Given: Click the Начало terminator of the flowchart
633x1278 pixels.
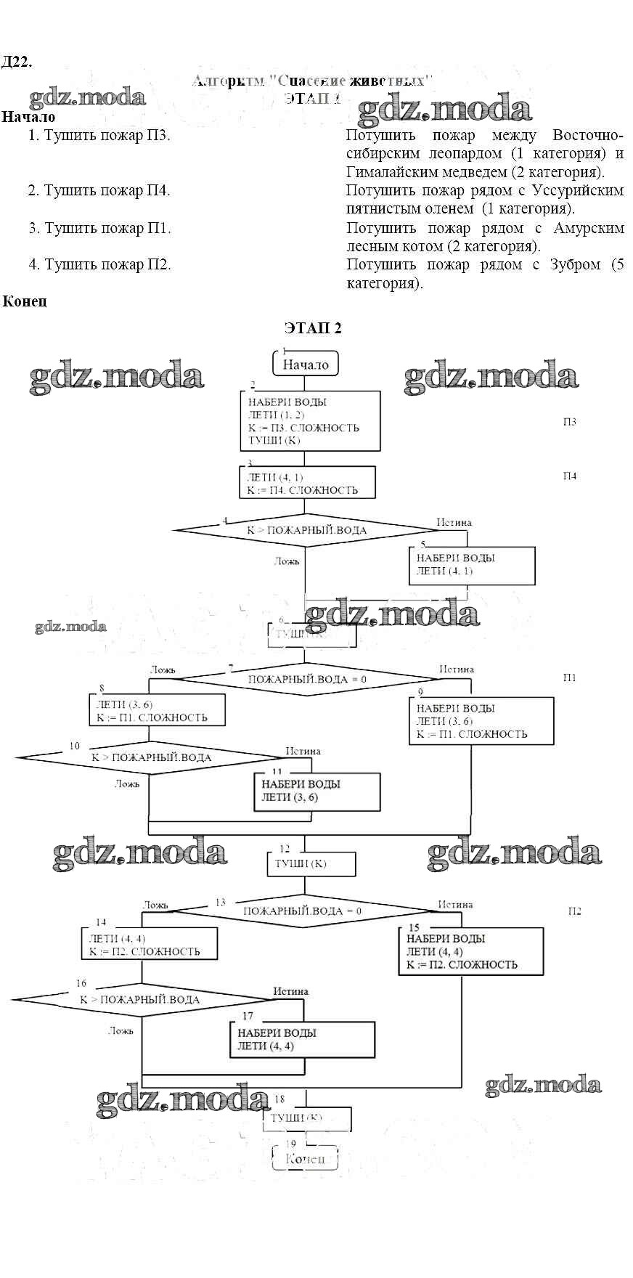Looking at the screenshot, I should pos(306,364).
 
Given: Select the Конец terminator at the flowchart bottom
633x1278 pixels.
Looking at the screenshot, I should pos(305,1158).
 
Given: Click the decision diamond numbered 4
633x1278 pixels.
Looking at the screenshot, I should pos(306,530).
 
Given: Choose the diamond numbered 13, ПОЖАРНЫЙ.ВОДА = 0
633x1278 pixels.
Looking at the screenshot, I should pos(302,911).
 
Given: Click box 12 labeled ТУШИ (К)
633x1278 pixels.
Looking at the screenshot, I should pos(311,864).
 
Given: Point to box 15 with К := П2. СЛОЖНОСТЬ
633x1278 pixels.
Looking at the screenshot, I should pos(470,951).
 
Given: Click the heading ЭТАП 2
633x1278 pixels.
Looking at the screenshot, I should pos(313,327).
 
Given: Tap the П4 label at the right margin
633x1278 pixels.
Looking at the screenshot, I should pos(570,476).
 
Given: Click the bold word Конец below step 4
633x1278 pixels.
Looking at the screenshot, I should pos(25,301).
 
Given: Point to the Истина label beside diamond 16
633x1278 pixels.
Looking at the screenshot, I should pos(290,991).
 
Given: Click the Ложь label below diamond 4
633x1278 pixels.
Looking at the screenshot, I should pos(286,561).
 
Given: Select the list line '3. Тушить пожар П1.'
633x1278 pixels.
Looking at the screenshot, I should pos(100,228).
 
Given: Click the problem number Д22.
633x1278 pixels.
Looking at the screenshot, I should pos(16,62).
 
